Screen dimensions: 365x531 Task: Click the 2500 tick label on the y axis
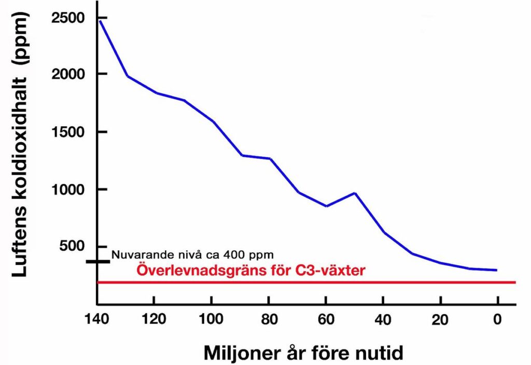[x=68, y=18]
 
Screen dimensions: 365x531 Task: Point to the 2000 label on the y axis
[x=68, y=74]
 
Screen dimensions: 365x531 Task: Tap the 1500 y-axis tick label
[x=68, y=132]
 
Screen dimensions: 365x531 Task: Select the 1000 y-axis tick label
[x=68, y=190]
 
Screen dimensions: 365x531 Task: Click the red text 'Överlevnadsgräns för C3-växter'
[x=251, y=270]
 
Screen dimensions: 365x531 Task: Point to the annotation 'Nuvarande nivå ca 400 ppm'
[x=192, y=255]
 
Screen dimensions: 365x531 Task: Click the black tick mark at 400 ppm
[x=98, y=261]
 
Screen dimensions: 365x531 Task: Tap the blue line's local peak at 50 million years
[x=355, y=193]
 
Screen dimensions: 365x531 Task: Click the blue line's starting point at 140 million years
[x=100, y=20]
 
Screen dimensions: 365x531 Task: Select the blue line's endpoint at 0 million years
[x=496, y=270]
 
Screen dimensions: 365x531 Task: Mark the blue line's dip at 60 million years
[x=326, y=206]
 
